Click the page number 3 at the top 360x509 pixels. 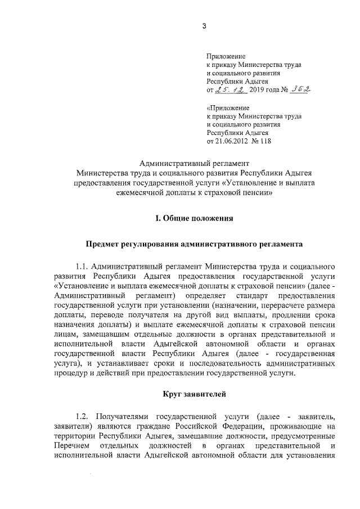coord(204,25)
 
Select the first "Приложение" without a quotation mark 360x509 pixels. coord(226,57)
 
